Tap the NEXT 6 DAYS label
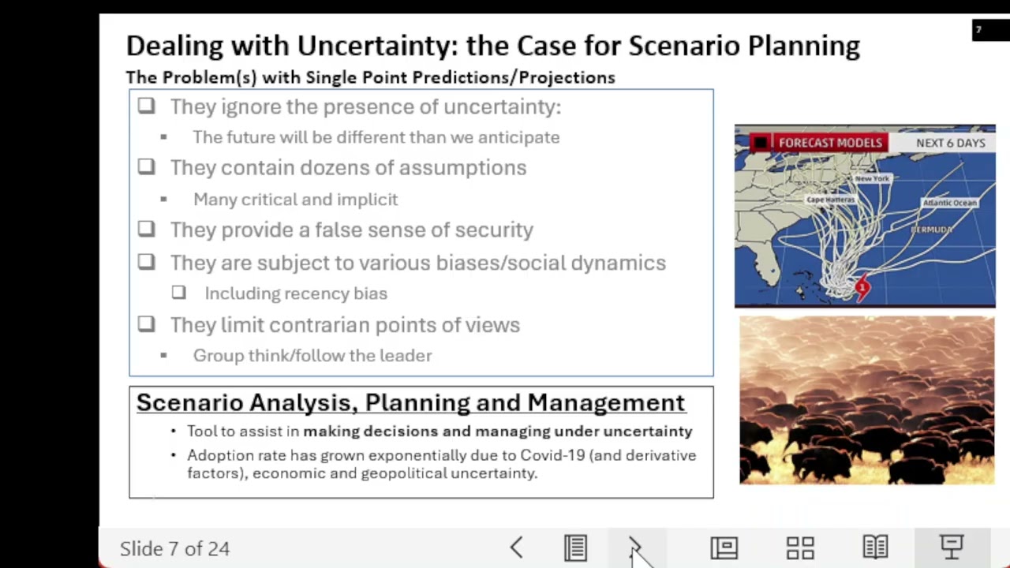(950, 143)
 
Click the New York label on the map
(872, 179)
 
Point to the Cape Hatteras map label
(830, 200)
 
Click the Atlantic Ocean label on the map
(949, 203)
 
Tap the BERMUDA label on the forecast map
(931, 230)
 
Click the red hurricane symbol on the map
(862, 288)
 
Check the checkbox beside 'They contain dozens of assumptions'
(147, 167)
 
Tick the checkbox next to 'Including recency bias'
(179, 293)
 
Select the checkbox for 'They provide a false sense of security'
(147, 230)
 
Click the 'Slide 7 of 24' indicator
(174, 548)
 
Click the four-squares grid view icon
(800, 547)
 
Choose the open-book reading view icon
(875, 547)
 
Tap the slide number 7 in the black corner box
(978, 31)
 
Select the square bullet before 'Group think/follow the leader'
(163, 356)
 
